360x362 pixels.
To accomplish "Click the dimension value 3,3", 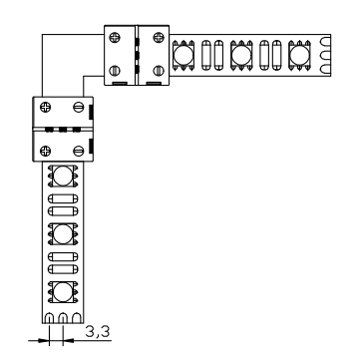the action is coord(98,332).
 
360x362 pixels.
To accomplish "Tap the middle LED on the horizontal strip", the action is coord(241,55).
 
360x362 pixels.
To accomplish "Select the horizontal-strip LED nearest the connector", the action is coord(183,55).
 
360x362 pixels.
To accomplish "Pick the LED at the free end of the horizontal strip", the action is coord(299,55).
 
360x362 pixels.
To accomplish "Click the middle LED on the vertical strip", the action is coord(63,233).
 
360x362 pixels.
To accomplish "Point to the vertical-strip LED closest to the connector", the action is coord(63,176).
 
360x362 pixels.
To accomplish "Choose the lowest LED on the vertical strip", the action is coord(63,292).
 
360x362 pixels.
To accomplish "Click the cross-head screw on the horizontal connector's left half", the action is coord(115,37).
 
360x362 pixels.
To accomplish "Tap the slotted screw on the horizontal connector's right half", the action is coord(158,71).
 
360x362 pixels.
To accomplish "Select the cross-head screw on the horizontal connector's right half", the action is coord(158,37).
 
